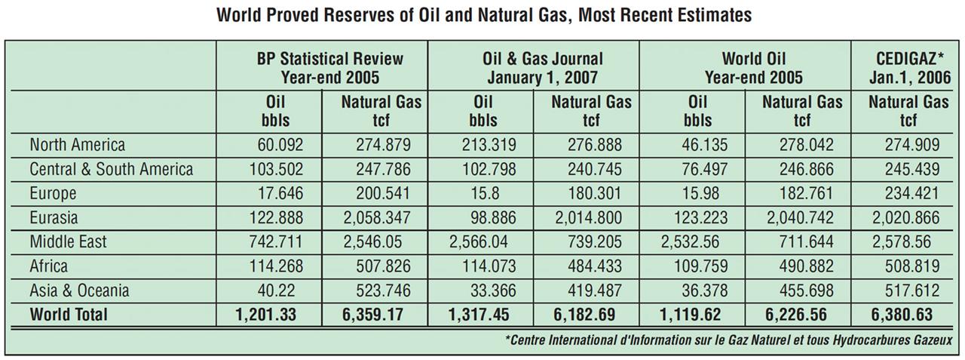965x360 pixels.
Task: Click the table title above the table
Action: pos(484,16)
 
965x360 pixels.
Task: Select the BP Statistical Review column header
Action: pos(330,68)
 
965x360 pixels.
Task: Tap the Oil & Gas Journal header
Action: pos(542,68)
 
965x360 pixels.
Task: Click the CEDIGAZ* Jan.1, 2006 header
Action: pos(909,68)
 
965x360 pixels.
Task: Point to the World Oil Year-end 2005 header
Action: pos(753,68)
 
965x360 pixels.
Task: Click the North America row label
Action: pos(78,145)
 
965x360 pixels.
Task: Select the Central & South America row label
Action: pos(111,169)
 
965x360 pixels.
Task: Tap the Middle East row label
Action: pos(68,242)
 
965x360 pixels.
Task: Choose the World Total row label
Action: pos(69,314)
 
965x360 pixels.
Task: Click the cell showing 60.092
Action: pos(280,145)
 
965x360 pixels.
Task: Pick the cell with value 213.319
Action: pos(489,145)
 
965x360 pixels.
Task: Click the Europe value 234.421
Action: pos(912,193)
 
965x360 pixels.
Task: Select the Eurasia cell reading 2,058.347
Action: pos(377,217)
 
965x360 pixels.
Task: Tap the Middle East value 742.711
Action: pos(276,242)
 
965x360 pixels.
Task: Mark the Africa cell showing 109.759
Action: pos(700,266)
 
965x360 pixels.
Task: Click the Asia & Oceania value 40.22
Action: pos(276,290)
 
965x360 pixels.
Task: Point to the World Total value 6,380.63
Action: pos(902,315)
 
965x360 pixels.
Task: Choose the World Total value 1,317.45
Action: pos(479,315)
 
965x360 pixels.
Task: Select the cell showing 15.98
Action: pos(700,193)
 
